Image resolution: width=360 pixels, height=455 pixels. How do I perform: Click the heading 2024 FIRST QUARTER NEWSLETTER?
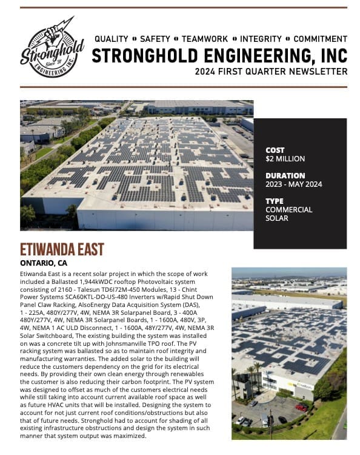(271, 72)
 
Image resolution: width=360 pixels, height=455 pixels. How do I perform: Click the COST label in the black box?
(276, 150)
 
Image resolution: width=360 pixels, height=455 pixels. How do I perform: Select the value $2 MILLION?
(285, 159)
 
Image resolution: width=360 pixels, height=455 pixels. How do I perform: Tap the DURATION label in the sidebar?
(284, 176)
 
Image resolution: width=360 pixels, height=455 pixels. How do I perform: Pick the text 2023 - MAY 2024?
(293, 184)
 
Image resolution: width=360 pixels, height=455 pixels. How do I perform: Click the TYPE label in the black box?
(275, 201)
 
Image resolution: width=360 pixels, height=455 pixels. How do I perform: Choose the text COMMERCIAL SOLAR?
(288, 214)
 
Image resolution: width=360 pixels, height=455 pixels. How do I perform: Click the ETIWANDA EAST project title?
(62, 250)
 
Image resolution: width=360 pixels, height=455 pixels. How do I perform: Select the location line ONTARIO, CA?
(44, 263)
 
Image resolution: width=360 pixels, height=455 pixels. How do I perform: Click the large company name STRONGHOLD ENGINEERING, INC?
(219, 56)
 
